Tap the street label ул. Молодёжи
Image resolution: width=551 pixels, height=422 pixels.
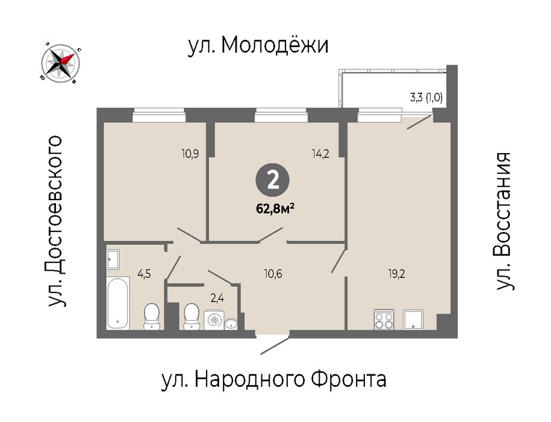(x=258, y=45)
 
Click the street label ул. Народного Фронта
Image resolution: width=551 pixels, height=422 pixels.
(x=274, y=379)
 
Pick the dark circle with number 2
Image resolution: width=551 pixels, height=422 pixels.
(x=273, y=180)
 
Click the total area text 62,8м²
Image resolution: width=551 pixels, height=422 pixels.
(x=275, y=209)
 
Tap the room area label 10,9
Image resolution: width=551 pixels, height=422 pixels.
(x=190, y=154)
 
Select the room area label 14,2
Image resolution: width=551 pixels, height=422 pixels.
(x=320, y=154)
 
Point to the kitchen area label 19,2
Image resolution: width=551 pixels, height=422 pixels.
(x=397, y=274)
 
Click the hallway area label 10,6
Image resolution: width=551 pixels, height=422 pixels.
(x=273, y=274)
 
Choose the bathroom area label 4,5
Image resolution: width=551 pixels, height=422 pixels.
(x=144, y=274)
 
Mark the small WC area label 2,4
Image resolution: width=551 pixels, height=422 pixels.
(x=217, y=298)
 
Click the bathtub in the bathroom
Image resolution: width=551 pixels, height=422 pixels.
(x=117, y=303)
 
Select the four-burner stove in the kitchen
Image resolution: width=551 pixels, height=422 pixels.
(x=384, y=320)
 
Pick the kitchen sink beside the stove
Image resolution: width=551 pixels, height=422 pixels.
(x=413, y=320)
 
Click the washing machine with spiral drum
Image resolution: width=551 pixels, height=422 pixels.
(x=214, y=320)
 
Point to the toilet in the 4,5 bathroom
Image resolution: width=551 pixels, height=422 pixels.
(x=152, y=316)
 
